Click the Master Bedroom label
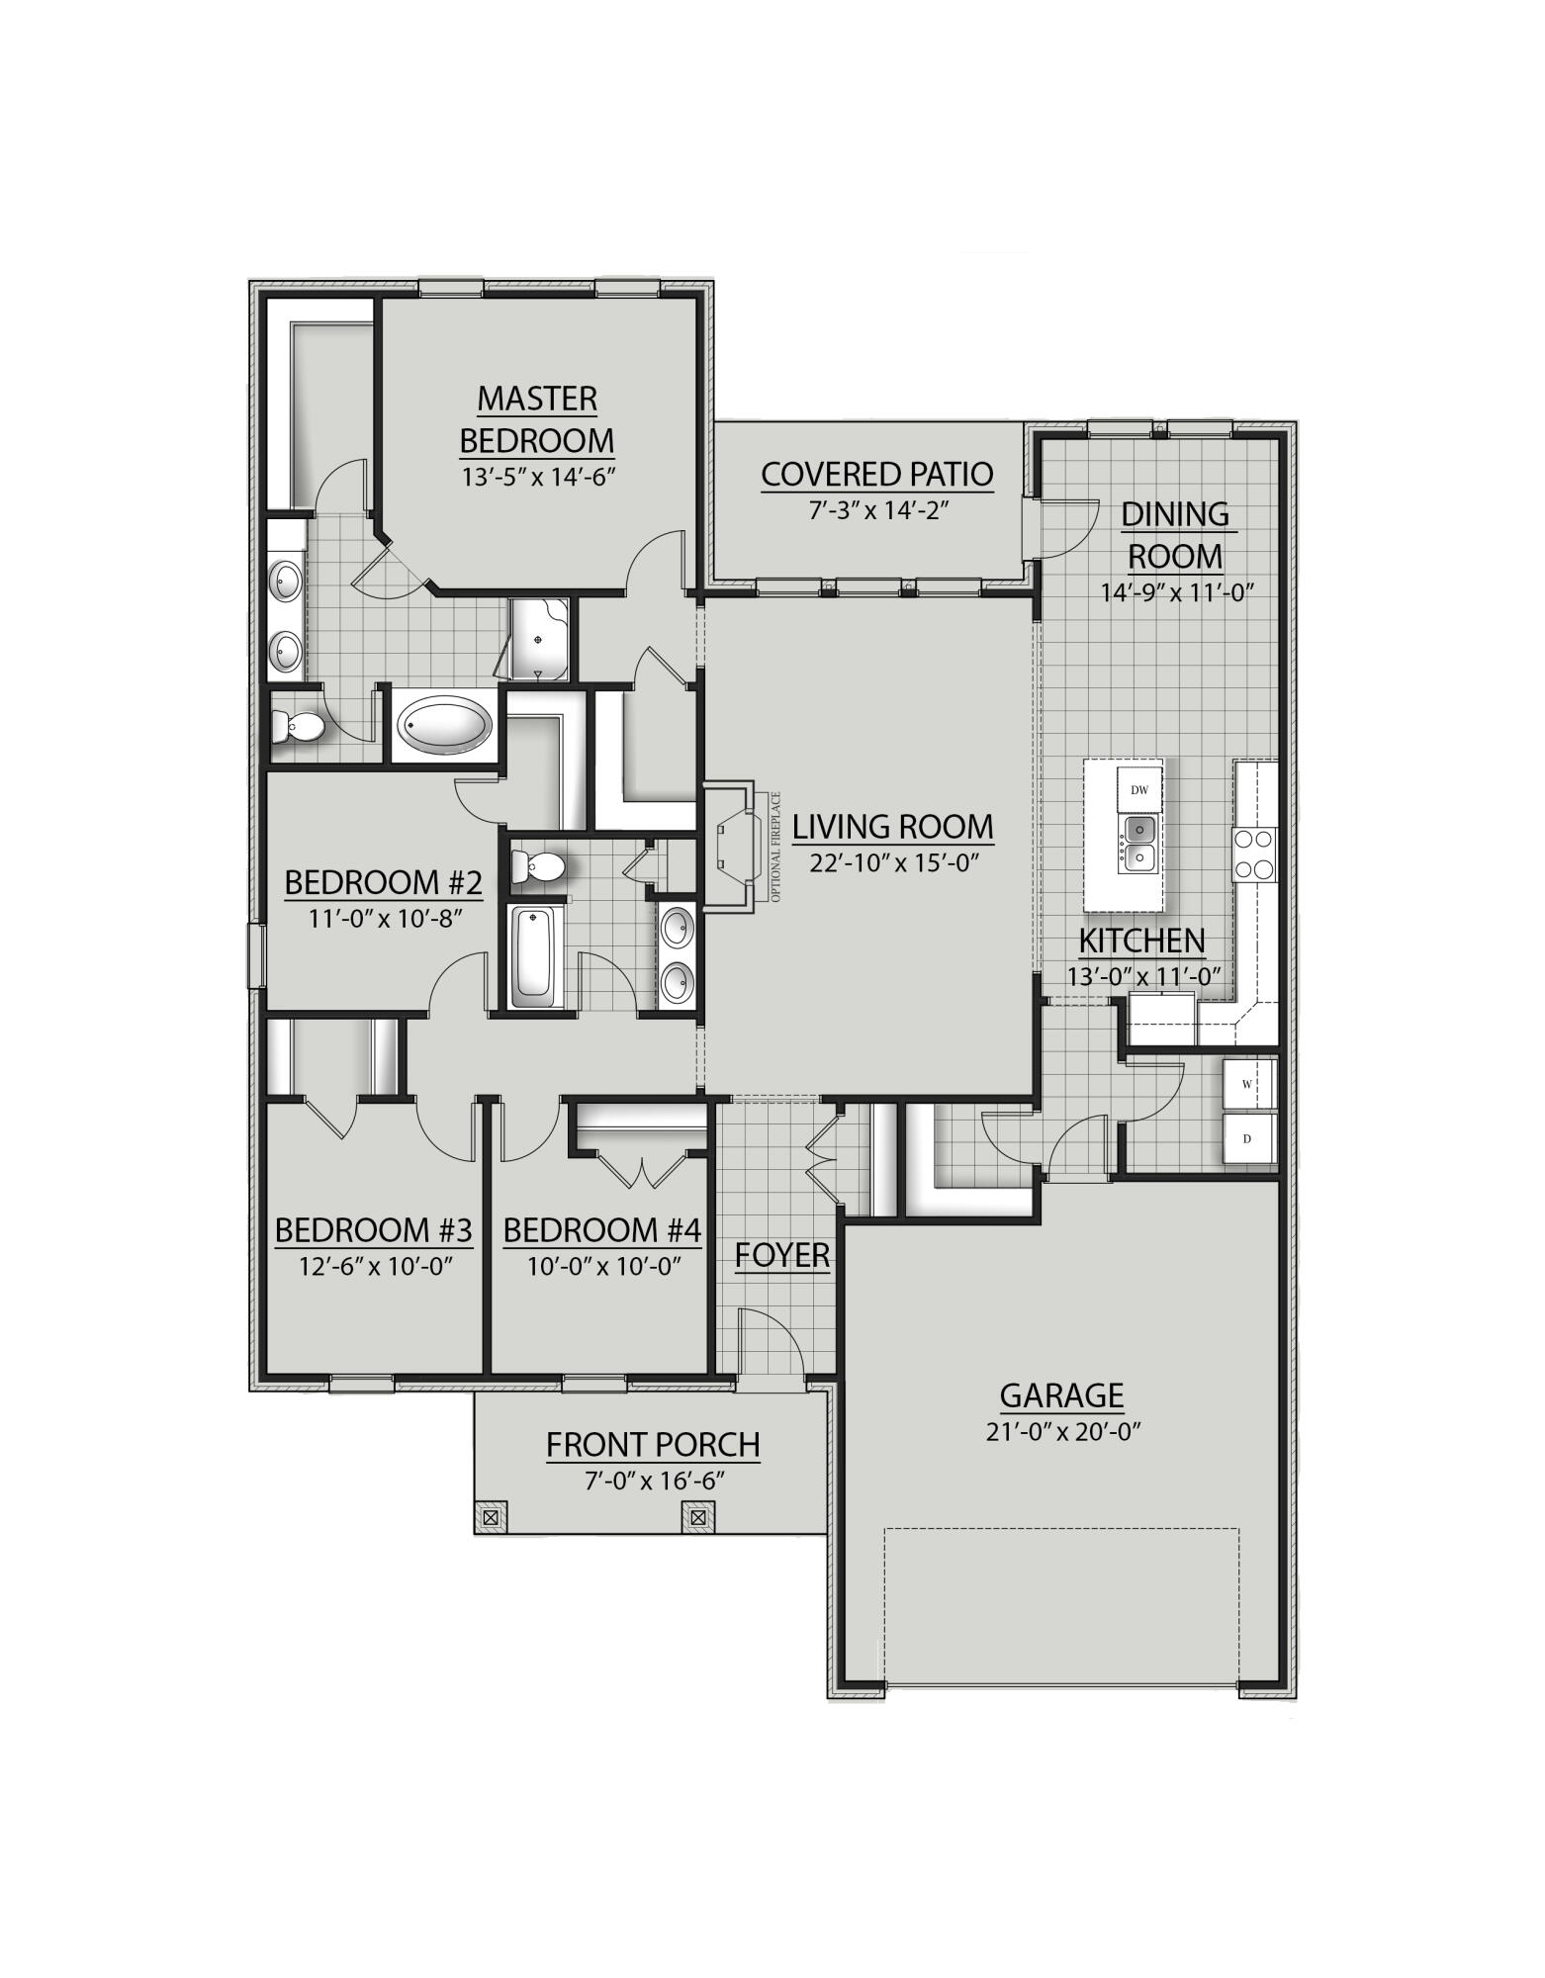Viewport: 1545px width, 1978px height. pos(537,419)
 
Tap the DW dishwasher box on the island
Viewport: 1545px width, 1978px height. pos(1139,789)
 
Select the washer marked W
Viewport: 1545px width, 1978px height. pos(1247,1085)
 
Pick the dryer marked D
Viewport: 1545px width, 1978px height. pos(1247,1139)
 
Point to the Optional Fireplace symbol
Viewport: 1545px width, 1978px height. pos(737,846)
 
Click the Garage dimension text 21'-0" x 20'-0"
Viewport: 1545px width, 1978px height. pos(1063,1432)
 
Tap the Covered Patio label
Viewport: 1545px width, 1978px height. pos(876,475)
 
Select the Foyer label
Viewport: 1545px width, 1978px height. pos(781,1255)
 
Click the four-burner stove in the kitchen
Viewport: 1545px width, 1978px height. pos(1253,854)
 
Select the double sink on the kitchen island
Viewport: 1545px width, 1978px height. pos(1139,843)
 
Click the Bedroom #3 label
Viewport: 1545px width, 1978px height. pos(373,1230)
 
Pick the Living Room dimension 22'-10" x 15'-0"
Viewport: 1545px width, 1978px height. pos(894,863)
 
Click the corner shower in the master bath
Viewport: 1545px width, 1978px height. pos(539,639)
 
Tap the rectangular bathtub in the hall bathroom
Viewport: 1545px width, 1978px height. pos(533,956)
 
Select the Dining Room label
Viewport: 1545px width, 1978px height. pos(1175,535)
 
